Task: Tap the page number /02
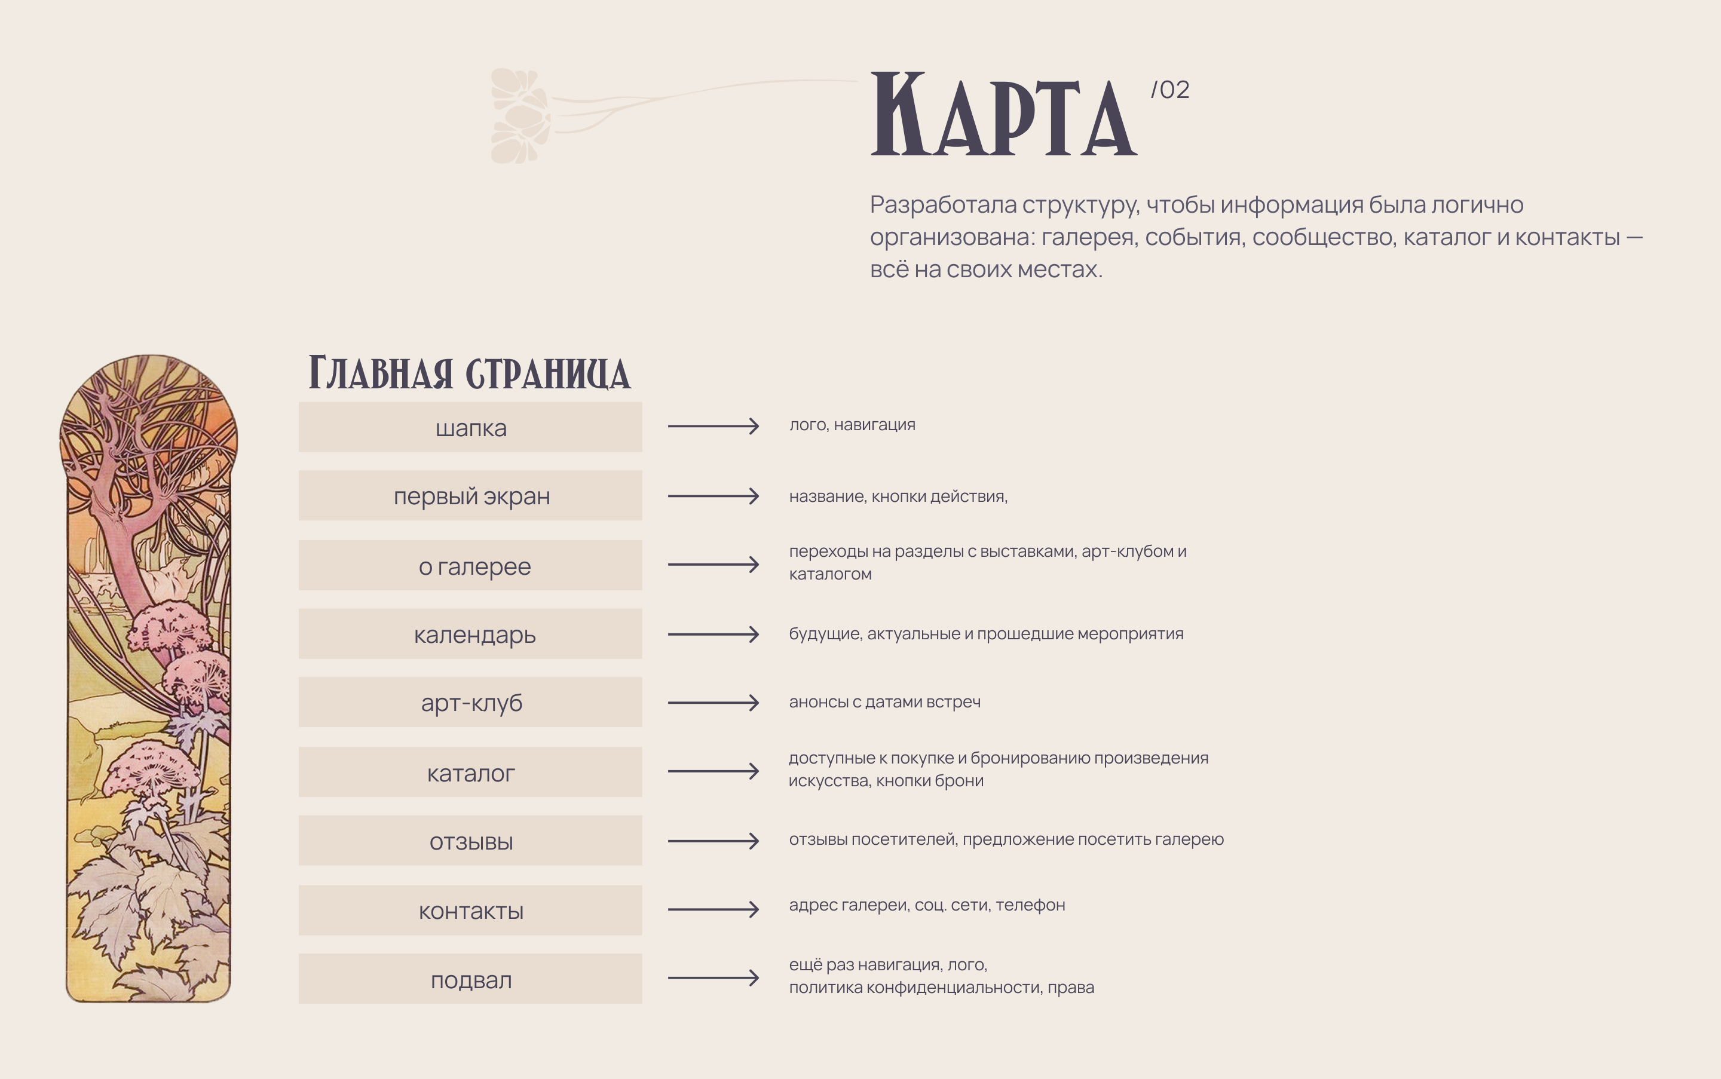[x=1170, y=90]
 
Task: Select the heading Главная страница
[x=469, y=373]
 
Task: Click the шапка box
[x=470, y=427]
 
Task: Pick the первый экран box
[x=470, y=496]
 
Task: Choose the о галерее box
[x=470, y=566]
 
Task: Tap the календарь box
[x=470, y=634]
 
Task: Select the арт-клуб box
[x=470, y=703]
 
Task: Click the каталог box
[x=470, y=772]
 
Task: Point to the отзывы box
[x=470, y=841]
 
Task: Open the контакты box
[x=470, y=911]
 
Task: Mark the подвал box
[x=470, y=980]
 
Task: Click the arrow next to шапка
[x=713, y=427]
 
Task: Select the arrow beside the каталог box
[x=713, y=771]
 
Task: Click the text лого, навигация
[x=852, y=425]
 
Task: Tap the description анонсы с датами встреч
[x=884, y=702]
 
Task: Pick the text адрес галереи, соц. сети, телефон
[x=926, y=906]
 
